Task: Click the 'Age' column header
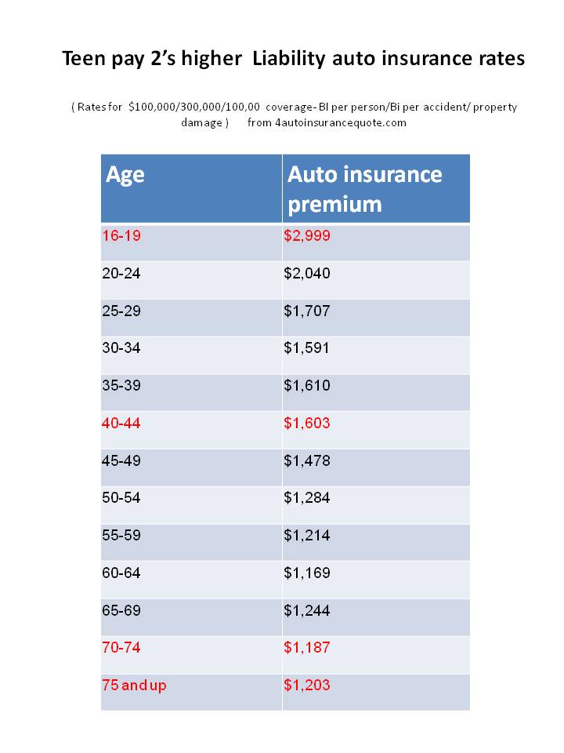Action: coord(125,173)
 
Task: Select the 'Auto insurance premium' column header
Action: coord(364,188)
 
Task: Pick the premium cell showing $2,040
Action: coord(307,273)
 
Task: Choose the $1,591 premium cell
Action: coord(307,347)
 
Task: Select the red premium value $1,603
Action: coord(307,423)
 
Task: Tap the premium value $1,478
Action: coord(307,460)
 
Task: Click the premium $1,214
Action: coord(307,536)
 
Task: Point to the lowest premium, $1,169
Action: coord(307,573)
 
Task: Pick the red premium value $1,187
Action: coord(307,647)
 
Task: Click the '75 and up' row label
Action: coord(134,685)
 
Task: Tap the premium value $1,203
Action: coord(307,685)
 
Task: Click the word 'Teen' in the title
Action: coord(84,59)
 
